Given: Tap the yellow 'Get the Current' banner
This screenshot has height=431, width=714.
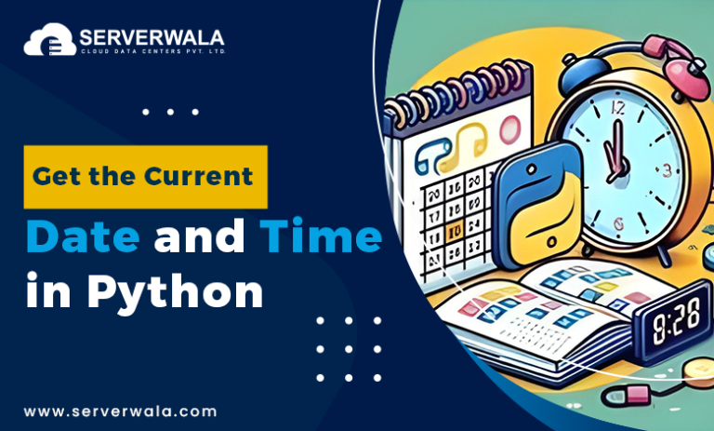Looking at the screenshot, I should point(145,176).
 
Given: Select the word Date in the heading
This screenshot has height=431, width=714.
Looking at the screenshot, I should point(84,238).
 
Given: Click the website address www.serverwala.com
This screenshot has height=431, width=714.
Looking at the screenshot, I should point(121,411).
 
